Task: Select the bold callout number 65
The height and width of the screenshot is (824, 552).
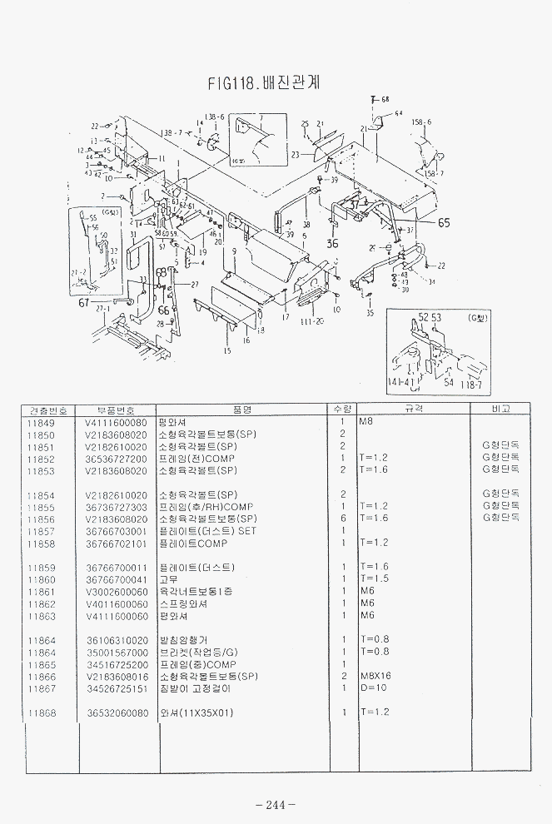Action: click(444, 222)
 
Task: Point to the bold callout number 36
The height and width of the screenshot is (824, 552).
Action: click(332, 244)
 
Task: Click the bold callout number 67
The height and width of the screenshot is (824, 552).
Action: click(83, 303)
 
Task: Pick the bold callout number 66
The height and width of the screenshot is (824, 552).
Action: click(163, 310)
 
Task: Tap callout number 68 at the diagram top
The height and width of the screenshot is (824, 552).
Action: click(385, 99)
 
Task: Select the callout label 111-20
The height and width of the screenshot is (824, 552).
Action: click(313, 320)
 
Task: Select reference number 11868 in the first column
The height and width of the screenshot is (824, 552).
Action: click(41, 712)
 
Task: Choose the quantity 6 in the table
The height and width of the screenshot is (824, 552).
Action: click(342, 519)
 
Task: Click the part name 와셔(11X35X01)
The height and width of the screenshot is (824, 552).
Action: click(196, 712)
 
